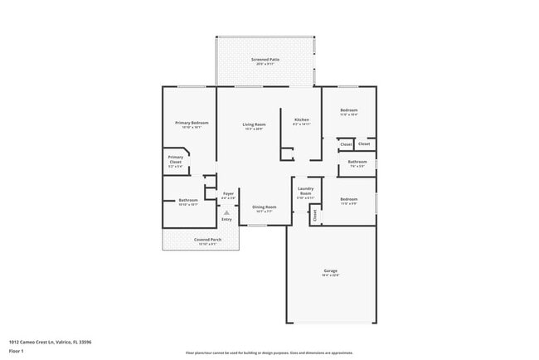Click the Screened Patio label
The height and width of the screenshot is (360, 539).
265,61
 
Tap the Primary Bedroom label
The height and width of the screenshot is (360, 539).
192,124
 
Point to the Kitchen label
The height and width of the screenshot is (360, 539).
302,120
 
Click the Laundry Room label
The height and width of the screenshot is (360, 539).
305,191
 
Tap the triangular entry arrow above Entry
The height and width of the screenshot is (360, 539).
226,212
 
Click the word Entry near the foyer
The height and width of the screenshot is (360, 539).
226,219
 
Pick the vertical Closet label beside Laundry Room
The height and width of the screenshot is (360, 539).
315,215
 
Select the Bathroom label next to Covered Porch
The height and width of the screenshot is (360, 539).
188,201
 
